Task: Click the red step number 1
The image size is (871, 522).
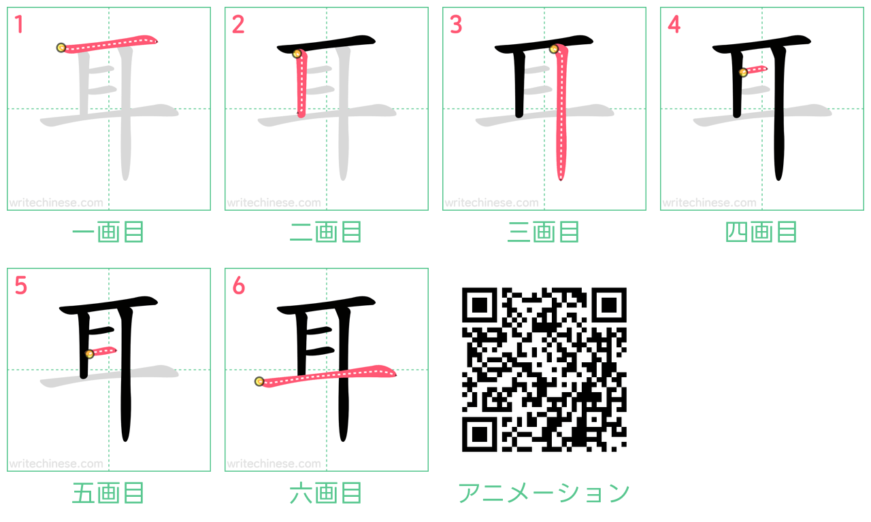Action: [19, 24]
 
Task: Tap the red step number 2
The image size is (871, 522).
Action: [238, 24]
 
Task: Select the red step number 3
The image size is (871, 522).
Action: [456, 24]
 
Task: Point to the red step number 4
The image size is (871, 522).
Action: [674, 24]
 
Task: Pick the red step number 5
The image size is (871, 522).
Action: [20, 285]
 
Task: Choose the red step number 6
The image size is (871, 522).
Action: [238, 285]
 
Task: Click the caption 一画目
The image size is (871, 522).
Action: [108, 232]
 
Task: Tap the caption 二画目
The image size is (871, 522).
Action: [326, 232]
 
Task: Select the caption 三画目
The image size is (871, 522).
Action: [544, 232]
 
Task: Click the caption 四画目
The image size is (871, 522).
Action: [761, 232]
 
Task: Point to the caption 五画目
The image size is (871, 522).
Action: [108, 493]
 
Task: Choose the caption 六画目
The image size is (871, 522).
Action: [326, 493]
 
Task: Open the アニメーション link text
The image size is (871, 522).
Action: [544, 493]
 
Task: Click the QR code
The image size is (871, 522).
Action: [544, 369]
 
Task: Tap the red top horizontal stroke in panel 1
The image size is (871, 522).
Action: [108, 44]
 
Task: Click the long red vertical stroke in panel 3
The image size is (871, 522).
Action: [560, 113]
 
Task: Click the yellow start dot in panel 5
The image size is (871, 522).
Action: [89, 354]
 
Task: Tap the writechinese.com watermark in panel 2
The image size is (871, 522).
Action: [274, 203]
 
